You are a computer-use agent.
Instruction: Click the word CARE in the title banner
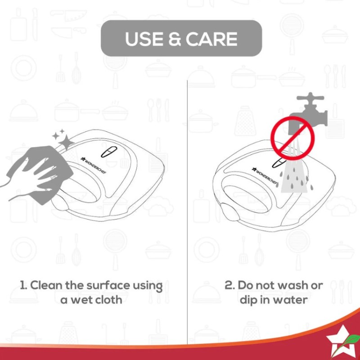click(x=211, y=39)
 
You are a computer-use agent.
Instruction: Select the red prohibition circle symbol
click(x=293, y=138)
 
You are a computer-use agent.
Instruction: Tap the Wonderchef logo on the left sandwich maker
click(x=94, y=165)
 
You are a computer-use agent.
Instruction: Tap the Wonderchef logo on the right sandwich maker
click(x=265, y=175)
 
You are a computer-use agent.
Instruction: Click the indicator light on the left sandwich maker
click(x=109, y=152)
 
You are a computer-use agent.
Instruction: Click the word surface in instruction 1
click(x=108, y=285)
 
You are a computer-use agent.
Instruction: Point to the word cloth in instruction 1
click(x=108, y=300)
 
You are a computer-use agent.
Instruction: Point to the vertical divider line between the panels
click(x=187, y=212)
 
